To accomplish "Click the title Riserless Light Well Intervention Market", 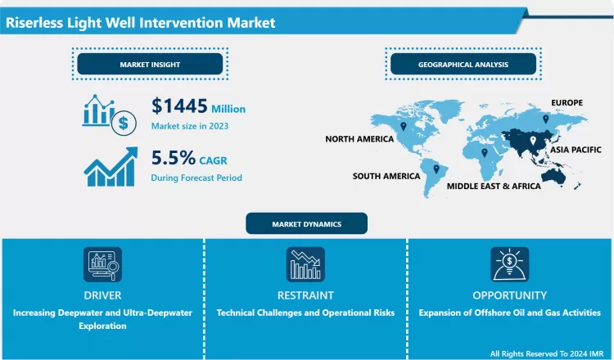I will coord(140,23).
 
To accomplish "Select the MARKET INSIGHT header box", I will coord(149,64).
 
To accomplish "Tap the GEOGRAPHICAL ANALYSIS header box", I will coord(463,64).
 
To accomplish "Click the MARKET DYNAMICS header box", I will coord(307,223).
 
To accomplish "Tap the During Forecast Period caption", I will coord(196,177).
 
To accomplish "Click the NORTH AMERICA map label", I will coord(359,139).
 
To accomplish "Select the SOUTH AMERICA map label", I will coord(386,176).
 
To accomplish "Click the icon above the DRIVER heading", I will coord(102,264).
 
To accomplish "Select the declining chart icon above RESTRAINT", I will coord(305,264).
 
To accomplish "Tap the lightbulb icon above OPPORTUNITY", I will coord(509,264).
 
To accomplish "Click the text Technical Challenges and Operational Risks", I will coord(305,313).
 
